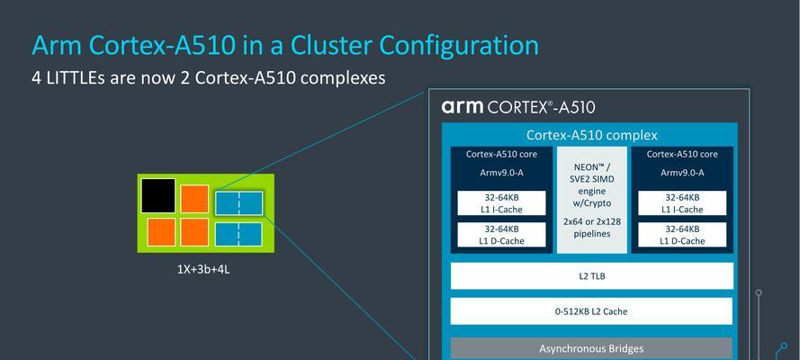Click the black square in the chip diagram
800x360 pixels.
coord(158,195)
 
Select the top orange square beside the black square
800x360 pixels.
coord(194,199)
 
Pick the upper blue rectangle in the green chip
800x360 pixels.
coord(238,202)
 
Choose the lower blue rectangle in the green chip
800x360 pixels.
coord(238,235)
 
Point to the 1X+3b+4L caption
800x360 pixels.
coord(203,269)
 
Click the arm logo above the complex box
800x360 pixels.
coord(463,106)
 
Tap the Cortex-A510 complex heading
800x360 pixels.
coord(592,135)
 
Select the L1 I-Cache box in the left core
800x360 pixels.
coord(501,202)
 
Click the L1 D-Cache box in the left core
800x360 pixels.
coord(501,235)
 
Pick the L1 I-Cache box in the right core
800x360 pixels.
coord(682,202)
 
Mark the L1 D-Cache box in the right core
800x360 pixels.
coord(682,235)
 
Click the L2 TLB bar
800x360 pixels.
coord(592,276)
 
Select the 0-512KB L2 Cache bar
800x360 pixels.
coord(592,311)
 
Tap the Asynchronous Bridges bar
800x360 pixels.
coord(592,349)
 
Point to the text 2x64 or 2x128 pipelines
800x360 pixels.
coord(592,228)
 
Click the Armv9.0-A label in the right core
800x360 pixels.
coord(682,173)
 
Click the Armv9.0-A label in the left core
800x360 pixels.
coord(501,173)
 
